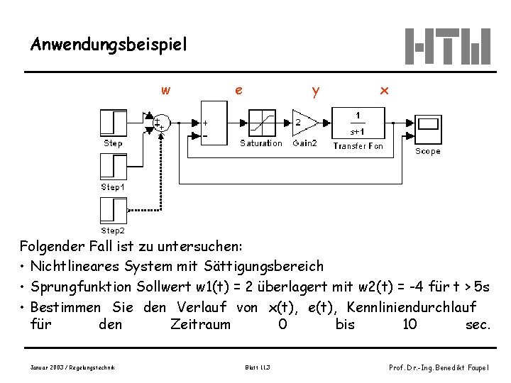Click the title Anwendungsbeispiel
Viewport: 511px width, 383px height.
click(109, 45)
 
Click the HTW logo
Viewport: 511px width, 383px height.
click(447, 46)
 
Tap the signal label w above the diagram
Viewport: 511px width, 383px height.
click(165, 90)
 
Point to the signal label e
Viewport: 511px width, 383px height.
click(239, 90)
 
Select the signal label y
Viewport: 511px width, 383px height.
click(315, 91)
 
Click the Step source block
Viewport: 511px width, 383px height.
click(113, 122)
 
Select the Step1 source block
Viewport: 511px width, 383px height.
click(113, 167)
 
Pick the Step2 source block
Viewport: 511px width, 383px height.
click(113, 211)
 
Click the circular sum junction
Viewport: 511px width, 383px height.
click(162, 122)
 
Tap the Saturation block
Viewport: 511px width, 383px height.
click(261, 122)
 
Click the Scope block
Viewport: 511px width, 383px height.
click(428, 126)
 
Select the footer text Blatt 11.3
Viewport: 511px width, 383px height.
click(256, 366)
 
